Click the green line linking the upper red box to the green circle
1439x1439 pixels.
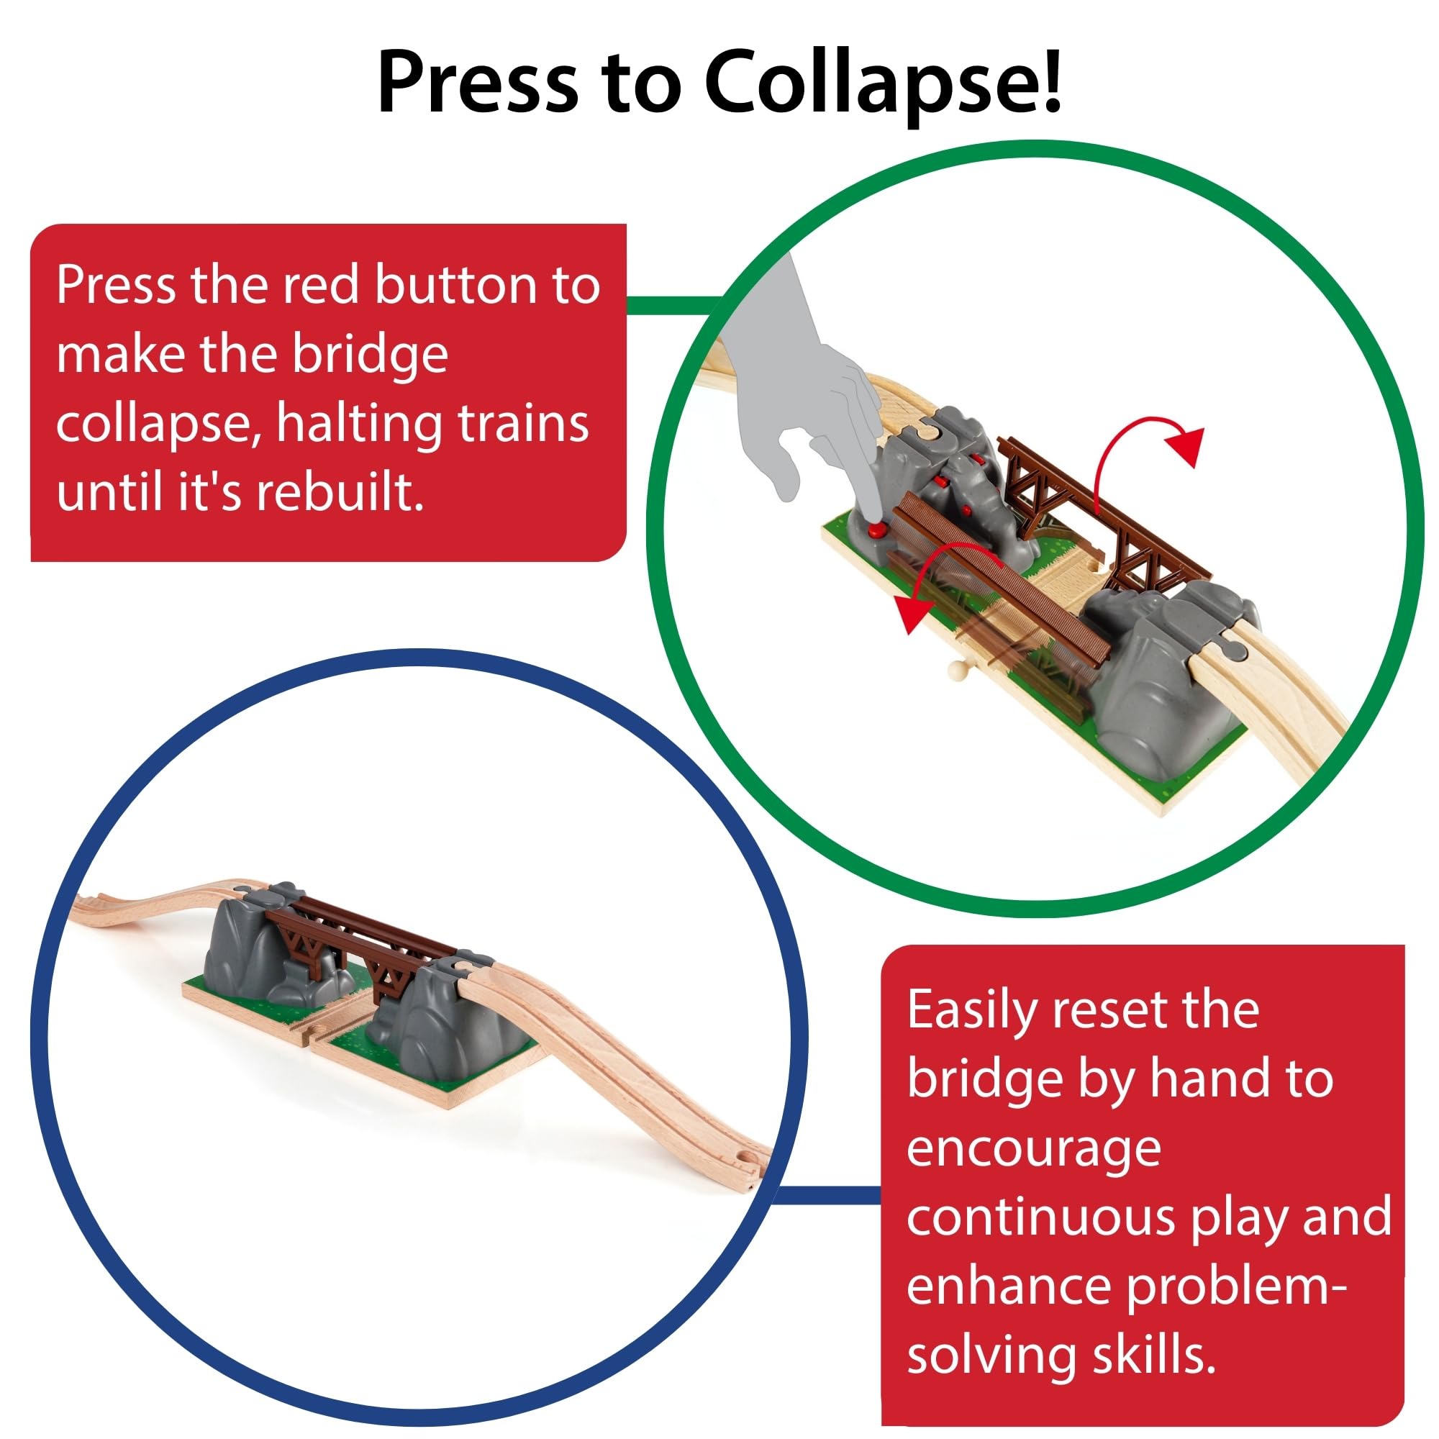click(671, 304)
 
